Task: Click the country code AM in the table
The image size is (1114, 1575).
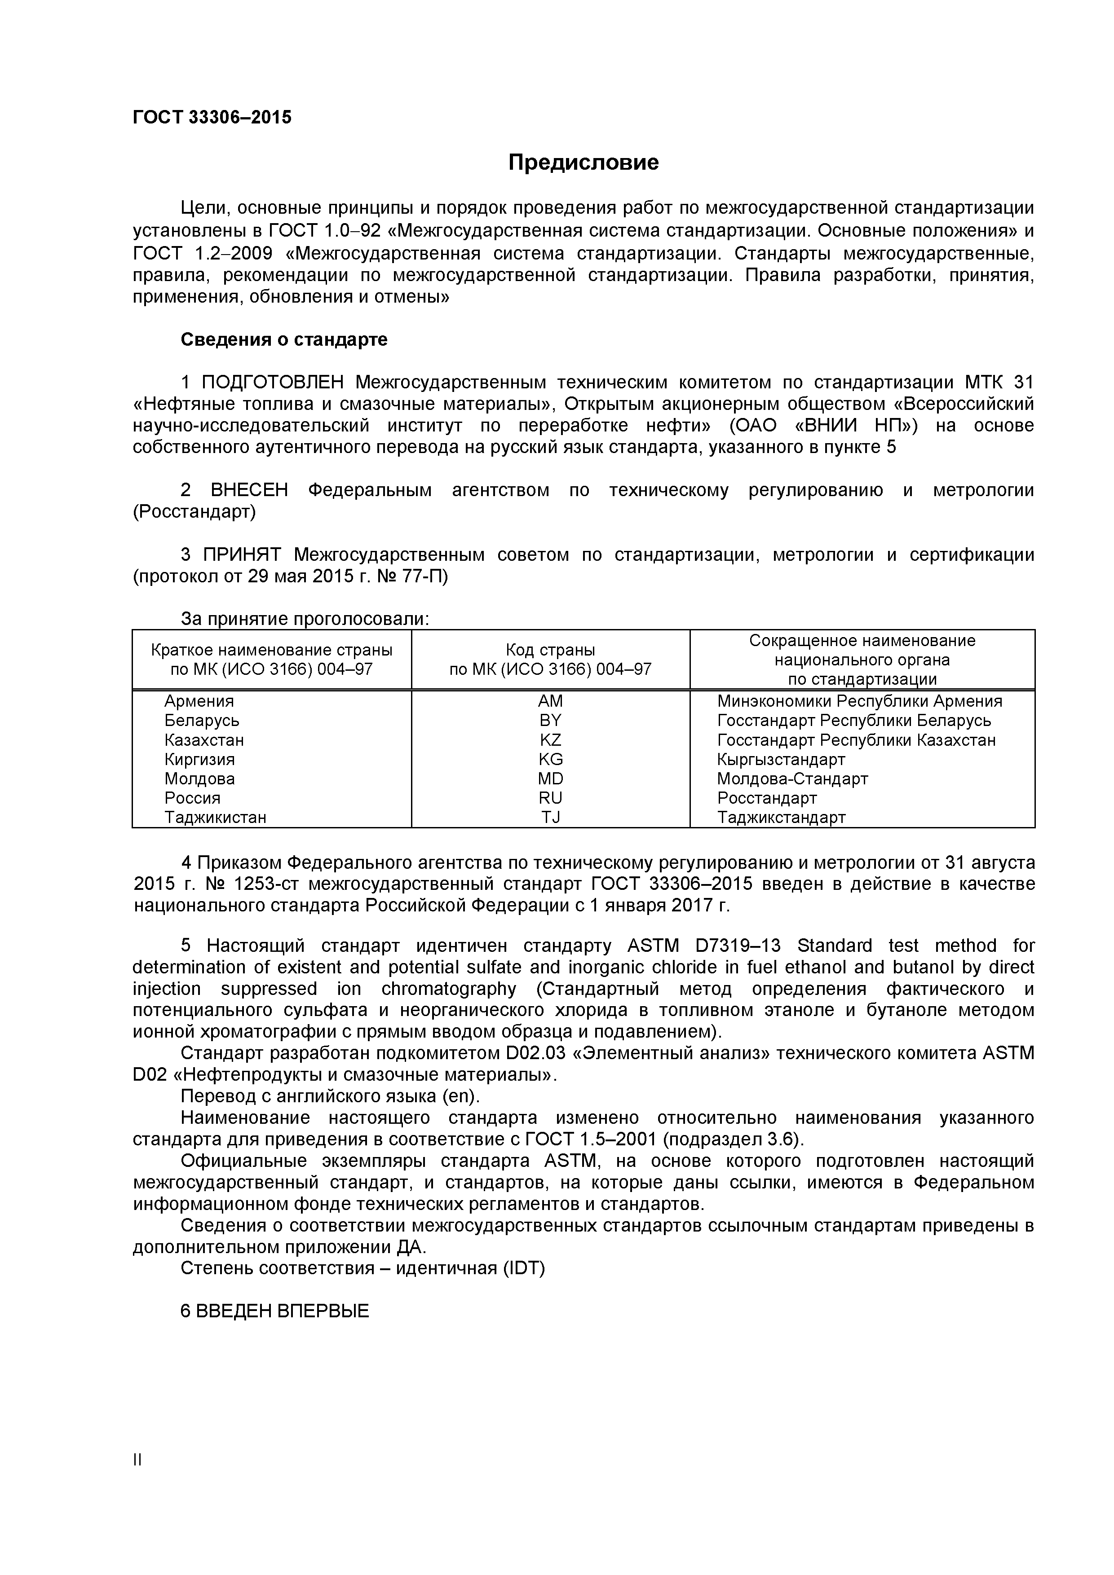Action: pos(550,701)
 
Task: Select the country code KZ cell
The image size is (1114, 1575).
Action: pos(550,740)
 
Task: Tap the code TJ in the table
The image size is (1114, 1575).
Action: pos(550,817)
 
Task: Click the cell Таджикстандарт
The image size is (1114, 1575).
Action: pos(781,817)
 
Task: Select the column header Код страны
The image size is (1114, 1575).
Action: pos(550,650)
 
